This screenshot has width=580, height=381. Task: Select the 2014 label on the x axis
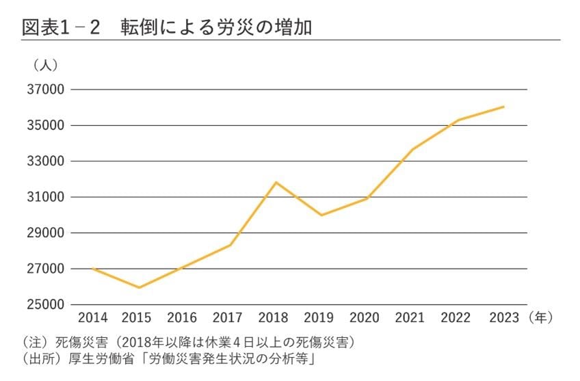point(93,318)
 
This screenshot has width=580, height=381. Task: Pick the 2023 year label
point(503,318)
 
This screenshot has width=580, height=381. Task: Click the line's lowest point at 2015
point(139,288)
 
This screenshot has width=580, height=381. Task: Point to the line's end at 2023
point(504,106)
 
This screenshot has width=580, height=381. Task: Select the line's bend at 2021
point(412,149)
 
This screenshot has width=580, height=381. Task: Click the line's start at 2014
point(93,269)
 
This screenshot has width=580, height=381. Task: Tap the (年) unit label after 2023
point(540,318)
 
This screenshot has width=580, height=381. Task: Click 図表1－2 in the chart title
point(61,27)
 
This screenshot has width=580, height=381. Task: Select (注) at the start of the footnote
point(35,341)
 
